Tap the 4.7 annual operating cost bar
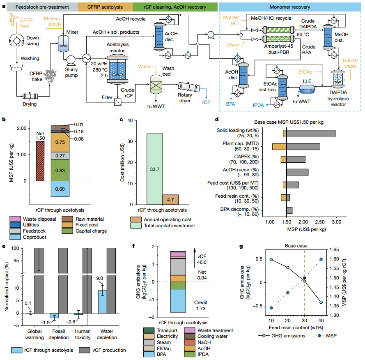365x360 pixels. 171,199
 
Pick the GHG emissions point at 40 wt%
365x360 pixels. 320,302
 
